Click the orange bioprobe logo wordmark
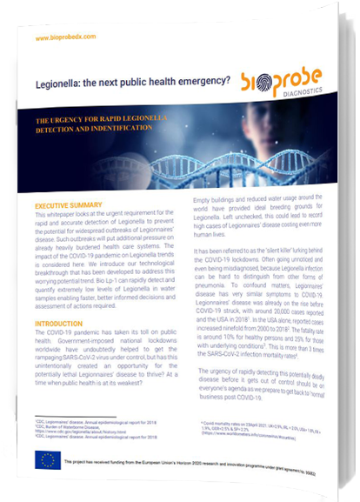(x=279, y=77)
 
